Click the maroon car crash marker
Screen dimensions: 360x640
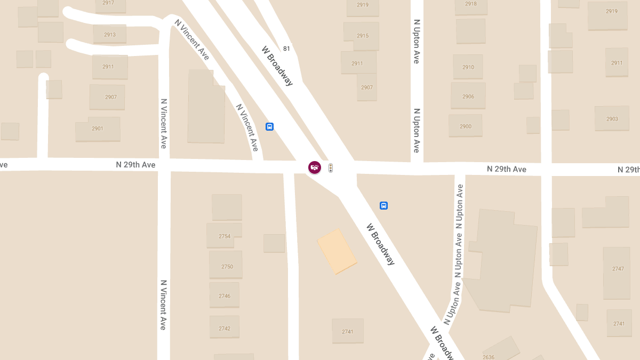click(315, 167)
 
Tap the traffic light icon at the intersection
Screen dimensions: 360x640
click(331, 168)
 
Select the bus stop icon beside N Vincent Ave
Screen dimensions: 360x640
click(270, 127)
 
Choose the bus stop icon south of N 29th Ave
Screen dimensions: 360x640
click(383, 206)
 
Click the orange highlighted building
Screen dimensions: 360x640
click(337, 251)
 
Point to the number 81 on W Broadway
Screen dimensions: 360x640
click(287, 49)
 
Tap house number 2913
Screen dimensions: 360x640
click(110, 35)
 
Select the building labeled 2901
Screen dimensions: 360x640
click(98, 129)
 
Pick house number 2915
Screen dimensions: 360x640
click(363, 36)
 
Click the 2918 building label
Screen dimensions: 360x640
click(471, 4)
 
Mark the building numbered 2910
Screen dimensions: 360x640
click(468, 67)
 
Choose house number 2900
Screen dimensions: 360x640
click(466, 126)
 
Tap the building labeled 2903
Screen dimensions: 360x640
click(612, 119)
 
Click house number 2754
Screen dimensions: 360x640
click(225, 236)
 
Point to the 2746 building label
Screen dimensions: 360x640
click(225, 296)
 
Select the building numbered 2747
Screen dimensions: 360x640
click(618, 269)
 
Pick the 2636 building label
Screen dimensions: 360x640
click(489, 357)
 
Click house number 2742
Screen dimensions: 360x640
click(225, 329)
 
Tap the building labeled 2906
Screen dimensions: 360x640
click(468, 97)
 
